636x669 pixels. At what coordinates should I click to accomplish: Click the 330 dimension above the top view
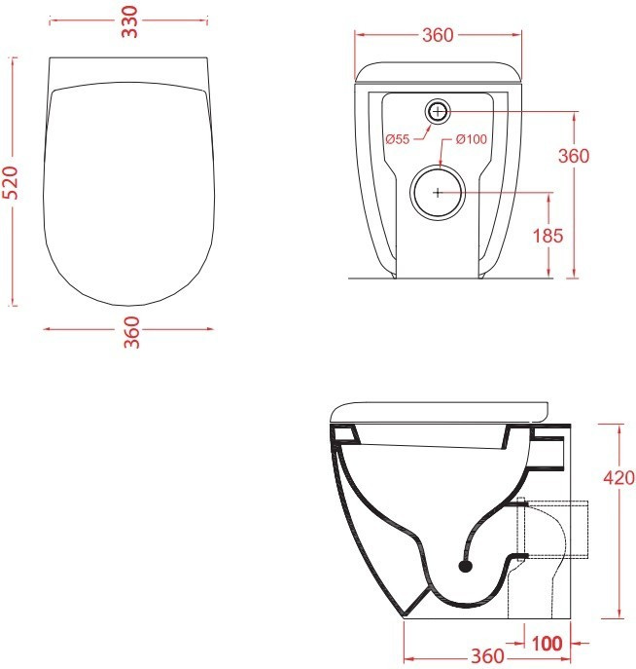pos(130,21)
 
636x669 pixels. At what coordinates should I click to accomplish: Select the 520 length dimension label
pos(11,183)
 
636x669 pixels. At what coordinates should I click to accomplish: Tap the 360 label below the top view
pos(131,332)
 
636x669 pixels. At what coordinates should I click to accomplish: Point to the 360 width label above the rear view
pos(438,35)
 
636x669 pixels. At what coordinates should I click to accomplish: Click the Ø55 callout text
pos(398,139)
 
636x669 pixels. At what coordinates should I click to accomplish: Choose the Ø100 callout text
pos(471,139)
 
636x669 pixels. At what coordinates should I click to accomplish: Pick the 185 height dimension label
pos(548,236)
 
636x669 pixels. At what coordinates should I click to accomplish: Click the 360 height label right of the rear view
pos(574,156)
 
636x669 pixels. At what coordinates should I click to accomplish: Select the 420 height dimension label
pos(618,477)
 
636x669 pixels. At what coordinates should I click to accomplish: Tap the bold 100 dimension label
pos(547,644)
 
